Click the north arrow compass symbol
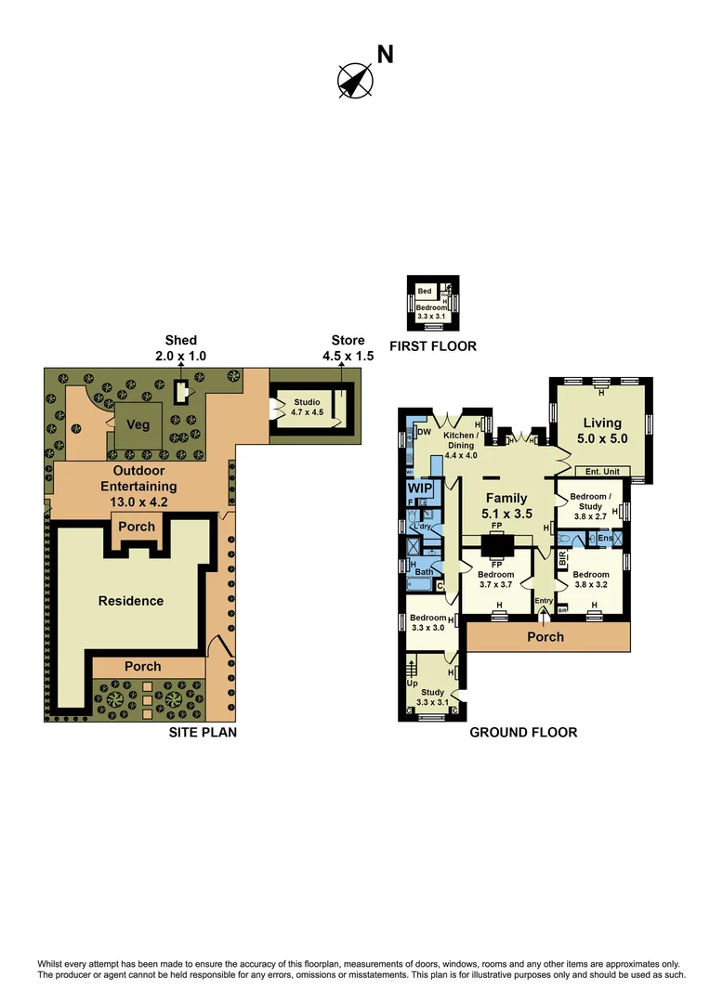pyautogui.click(x=355, y=80)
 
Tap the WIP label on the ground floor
pyautogui.click(x=419, y=488)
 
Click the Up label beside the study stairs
pyautogui.click(x=413, y=683)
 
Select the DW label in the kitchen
pyautogui.click(x=423, y=432)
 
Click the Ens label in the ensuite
pyautogui.click(x=605, y=538)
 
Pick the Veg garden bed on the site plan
pyautogui.click(x=138, y=424)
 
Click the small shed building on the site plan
pyautogui.click(x=181, y=391)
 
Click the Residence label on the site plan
pyautogui.click(x=131, y=601)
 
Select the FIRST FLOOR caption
pyautogui.click(x=433, y=346)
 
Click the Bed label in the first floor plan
pyautogui.click(x=424, y=292)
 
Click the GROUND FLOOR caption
pyautogui.click(x=523, y=733)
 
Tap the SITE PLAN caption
pyautogui.click(x=203, y=733)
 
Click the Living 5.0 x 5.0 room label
pyautogui.click(x=602, y=429)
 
